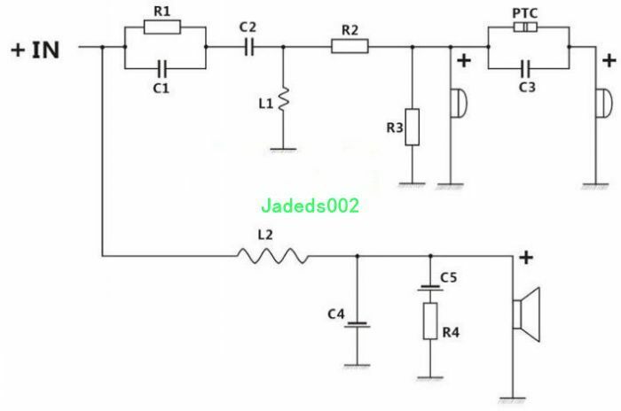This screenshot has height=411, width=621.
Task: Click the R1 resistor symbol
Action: (x=162, y=27)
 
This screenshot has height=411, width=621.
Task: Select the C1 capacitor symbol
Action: (x=162, y=68)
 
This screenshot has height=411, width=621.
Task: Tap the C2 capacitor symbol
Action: (x=248, y=47)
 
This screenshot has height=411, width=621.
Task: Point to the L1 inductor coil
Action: (x=284, y=99)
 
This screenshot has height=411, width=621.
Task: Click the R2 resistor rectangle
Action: (x=350, y=46)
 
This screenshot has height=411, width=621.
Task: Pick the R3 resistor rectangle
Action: (x=413, y=127)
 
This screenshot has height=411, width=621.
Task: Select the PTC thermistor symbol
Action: (x=525, y=27)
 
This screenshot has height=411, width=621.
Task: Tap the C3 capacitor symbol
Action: (x=525, y=68)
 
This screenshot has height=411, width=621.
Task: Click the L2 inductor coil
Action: (x=273, y=256)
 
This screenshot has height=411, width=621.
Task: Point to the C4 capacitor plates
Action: (x=358, y=325)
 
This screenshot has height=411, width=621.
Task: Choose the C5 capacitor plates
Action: (x=430, y=288)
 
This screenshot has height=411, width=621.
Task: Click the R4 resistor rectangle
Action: (x=430, y=321)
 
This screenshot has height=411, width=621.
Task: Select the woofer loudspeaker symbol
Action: (x=527, y=314)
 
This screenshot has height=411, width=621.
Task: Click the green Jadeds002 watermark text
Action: (x=310, y=205)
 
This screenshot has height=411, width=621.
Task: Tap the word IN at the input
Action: (x=45, y=50)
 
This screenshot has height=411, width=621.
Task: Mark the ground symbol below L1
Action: (x=283, y=150)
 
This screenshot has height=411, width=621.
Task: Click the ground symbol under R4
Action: (x=430, y=377)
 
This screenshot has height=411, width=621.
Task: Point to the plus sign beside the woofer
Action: (x=526, y=258)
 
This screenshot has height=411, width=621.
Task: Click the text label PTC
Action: (x=525, y=13)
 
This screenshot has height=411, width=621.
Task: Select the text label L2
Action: (x=265, y=235)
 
